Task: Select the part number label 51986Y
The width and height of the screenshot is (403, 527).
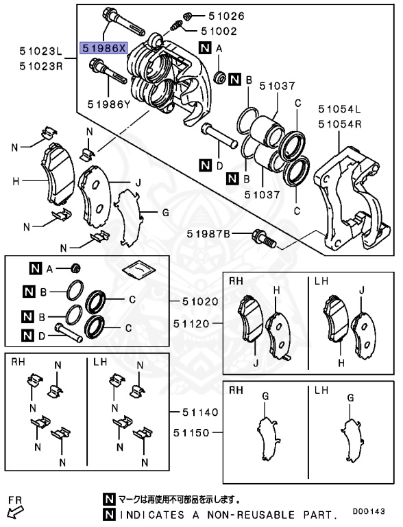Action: (108, 104)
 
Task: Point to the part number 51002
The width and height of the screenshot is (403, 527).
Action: (218, 31)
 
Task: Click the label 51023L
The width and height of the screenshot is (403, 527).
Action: (40, 51)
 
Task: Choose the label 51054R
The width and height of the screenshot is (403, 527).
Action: (339, 124)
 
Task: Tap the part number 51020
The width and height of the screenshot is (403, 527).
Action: (200, 301)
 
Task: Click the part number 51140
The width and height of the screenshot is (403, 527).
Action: (200, 412)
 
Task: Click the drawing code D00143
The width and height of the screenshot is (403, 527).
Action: (374, 511)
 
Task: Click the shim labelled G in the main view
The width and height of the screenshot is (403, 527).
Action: (128, 215)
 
